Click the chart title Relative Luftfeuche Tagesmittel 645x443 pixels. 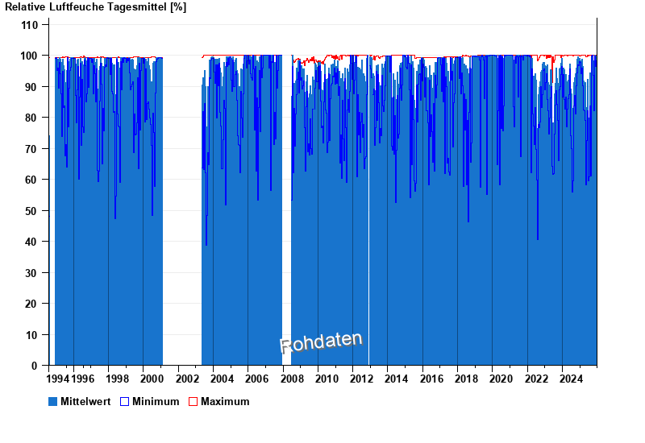pos(95,7)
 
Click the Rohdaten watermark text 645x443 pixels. pos(321,342)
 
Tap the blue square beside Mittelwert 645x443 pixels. pos(53,401)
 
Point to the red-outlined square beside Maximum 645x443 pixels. pos(193,401)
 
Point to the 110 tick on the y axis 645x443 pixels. pos(30,25)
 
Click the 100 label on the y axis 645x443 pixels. pos(30,56)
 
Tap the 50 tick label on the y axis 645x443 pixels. pos(32,211)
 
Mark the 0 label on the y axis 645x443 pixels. pos(35,366)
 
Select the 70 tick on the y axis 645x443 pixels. pos(32,149)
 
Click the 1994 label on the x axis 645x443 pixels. pos(58,379)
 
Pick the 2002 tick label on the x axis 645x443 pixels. pos(187,379)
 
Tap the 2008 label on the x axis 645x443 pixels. pos(292,379)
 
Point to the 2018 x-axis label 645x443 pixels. pos(467,379)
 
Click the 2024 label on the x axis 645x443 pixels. pos(571,379)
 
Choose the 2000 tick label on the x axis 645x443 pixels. pos(152,379)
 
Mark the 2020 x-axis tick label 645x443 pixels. pos(501,379)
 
